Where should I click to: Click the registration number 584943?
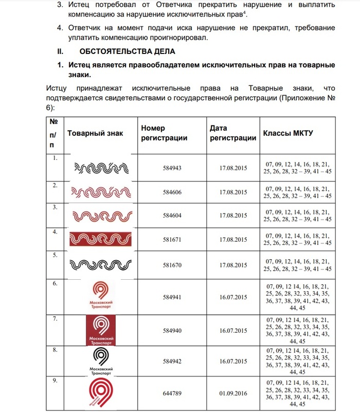click(172, 168)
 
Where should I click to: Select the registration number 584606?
click(172, 192)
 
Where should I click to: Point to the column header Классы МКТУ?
click(289, 133)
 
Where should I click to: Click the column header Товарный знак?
click(95, 133)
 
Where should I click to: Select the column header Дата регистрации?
click(233, 133)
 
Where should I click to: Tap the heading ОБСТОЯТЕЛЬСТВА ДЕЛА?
click(128, 51)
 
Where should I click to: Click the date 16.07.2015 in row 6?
click(233, 297)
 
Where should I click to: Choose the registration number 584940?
click(172, 330)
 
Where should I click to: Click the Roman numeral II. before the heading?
click(60, 51)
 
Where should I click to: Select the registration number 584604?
click(172, 216)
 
